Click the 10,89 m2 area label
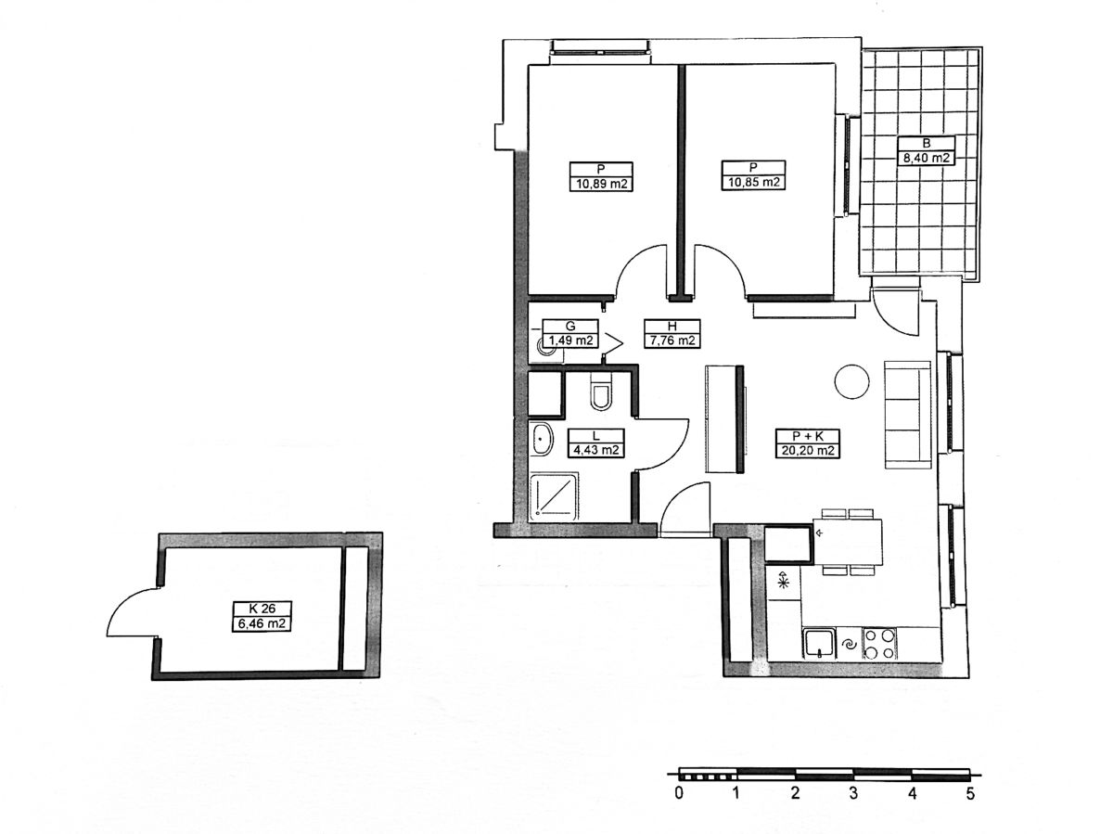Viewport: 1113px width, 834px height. (601, 183)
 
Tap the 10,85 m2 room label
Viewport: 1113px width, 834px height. (753, 182)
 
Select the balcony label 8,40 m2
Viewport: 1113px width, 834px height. (926, 158)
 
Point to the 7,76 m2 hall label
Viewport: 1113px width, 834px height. (672, 340)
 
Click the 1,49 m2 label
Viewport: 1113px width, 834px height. (570, 340)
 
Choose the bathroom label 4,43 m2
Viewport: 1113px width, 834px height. (595, 450)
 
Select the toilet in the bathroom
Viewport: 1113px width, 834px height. (601, 391)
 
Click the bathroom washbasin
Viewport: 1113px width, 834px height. (542, 439)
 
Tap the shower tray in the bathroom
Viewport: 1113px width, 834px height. (553, 498)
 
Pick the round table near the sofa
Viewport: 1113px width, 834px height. (851, 381)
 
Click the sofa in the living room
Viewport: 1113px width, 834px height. (907, 415)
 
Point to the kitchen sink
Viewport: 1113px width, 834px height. (819, 644)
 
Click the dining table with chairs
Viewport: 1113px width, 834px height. (848, 542)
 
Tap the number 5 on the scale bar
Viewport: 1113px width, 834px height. (970, 793)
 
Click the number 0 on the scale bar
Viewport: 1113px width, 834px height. (679, 793)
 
